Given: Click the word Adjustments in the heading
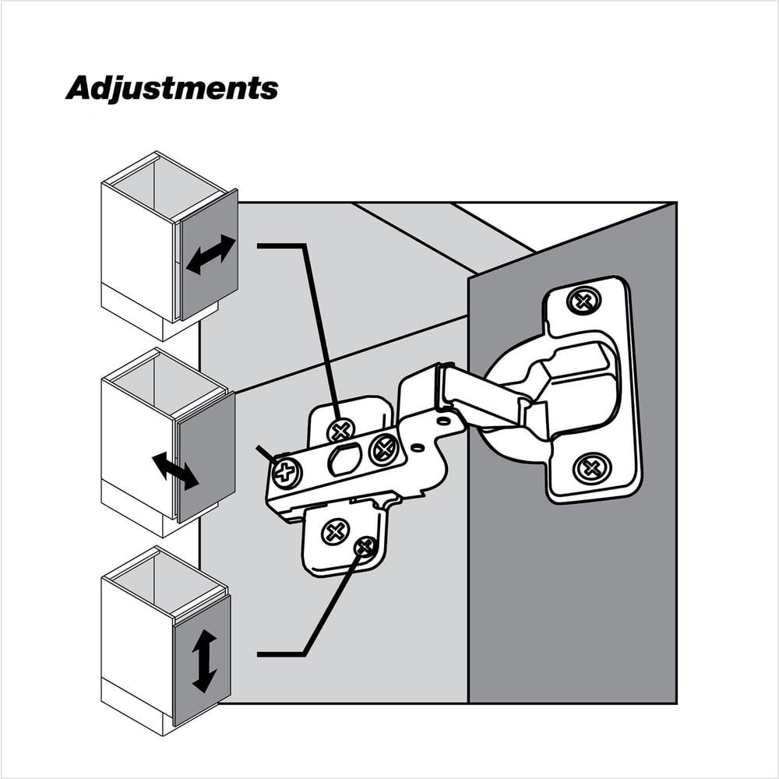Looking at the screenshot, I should coord(171,88).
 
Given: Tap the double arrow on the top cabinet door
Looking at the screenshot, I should coord(210,255).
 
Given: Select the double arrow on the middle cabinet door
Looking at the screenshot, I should coord(175,471).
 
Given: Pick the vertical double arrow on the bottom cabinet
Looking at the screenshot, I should coord(204,661).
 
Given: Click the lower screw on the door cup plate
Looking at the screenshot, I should coord(592,468).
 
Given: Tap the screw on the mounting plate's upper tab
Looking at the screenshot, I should coord(341,428).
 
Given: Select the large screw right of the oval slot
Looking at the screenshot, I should coord(384,449).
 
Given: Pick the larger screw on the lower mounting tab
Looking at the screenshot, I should coord(336,533).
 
